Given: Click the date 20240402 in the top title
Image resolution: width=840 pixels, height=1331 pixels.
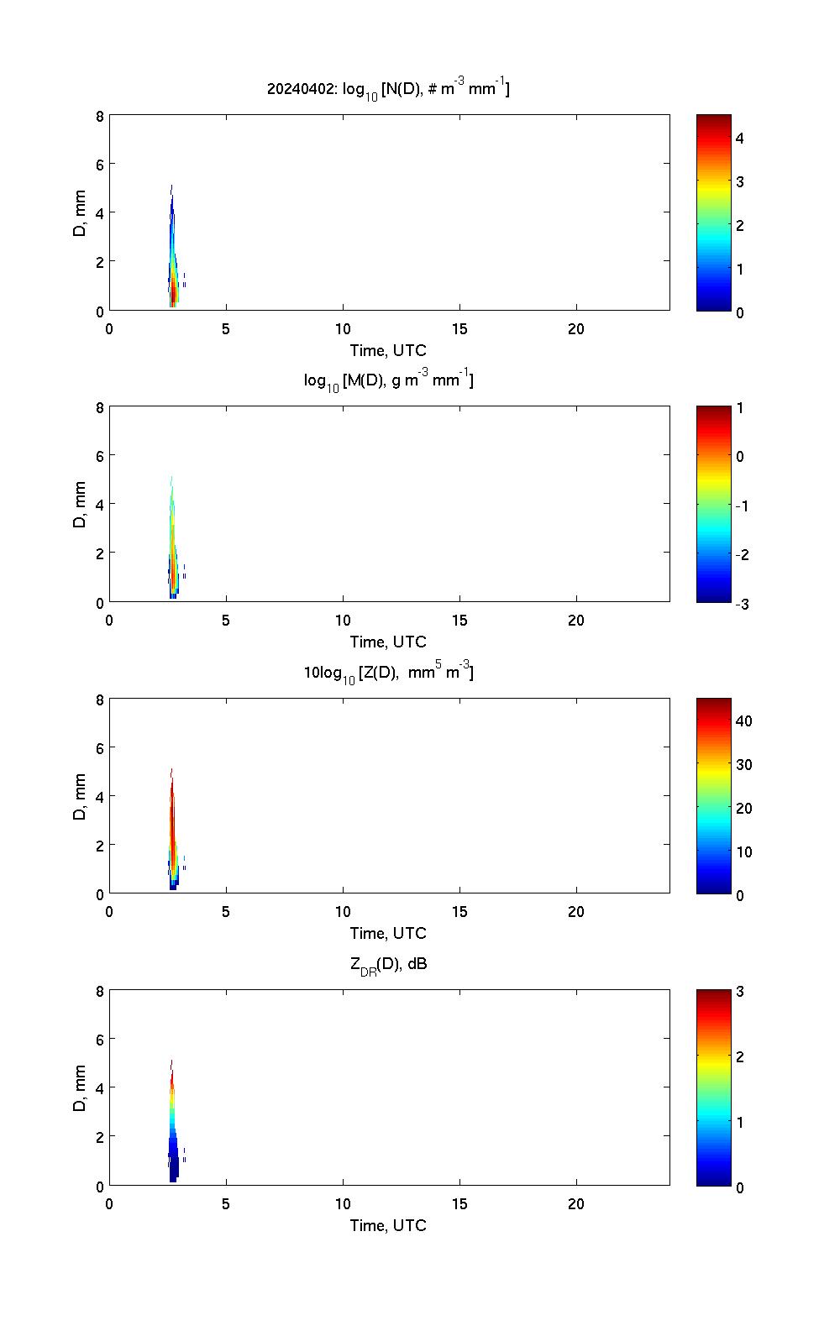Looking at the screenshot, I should point(300,88).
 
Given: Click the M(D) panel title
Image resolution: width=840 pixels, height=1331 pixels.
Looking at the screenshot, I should point(388,380).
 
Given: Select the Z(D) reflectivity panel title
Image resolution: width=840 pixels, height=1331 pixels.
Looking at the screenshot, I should point(388,672).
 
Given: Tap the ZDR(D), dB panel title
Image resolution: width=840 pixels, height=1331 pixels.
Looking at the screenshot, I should point(388,964).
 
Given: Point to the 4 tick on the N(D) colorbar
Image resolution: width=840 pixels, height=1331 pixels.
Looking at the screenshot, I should point(739,138).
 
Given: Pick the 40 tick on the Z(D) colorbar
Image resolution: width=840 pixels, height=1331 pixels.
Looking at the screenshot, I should point(743,721).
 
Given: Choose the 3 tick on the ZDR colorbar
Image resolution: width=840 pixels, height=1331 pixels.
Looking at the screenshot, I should point(739,992).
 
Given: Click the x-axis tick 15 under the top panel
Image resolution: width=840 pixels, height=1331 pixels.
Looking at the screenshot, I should point(459,329).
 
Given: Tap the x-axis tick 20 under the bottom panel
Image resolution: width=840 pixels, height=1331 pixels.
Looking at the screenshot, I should point(576,1204).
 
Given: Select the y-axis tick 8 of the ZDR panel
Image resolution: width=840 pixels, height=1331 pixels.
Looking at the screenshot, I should point(100,991).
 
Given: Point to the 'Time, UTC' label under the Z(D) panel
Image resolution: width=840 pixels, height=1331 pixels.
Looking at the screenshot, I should point(388,933).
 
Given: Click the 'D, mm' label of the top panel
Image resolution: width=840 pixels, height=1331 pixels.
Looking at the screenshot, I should point(81,213).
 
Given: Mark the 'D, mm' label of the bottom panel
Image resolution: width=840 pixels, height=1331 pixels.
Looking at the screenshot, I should point(81,1088).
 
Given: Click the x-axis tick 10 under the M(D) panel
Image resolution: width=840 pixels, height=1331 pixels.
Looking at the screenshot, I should point(343,621).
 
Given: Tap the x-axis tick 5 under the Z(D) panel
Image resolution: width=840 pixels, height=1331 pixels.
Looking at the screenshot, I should point(226,912).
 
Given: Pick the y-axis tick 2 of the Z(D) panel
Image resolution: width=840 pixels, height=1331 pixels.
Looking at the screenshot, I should point(100,845).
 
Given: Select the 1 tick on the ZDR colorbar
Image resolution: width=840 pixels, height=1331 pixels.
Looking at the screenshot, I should point(739,1122).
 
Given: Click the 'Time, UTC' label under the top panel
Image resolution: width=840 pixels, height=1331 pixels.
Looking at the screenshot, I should point(388,350).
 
